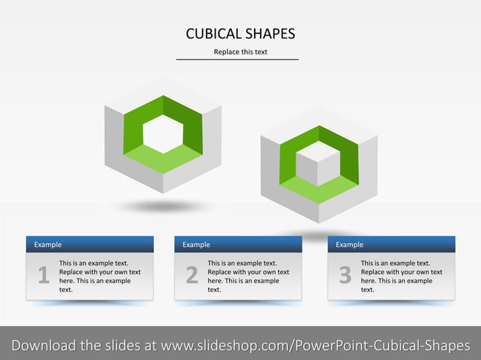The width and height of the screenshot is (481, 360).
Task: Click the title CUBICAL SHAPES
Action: pyautogui.click(x=240, y=34)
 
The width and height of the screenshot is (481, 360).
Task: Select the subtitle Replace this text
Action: pyautogui.click(x=240, y=52)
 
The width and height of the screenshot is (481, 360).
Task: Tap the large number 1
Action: pyautogui.click(x=43, y=276)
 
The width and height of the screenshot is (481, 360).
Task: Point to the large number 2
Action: pyautogui.click(x=191, y=276)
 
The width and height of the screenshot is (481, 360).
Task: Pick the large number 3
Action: pyautogui.click(x=345, y=276)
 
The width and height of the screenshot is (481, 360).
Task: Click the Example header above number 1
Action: pyautogui.click(x=48, y=245)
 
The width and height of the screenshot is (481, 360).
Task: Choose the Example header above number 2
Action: pyautogui.click(x=197, y=245)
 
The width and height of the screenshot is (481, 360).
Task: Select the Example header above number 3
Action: pyautogui.click(x=350, y=245)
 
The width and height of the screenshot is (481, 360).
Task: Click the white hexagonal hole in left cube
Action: pyautogui.click(x=163, y=134)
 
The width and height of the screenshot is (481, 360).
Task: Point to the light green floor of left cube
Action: pyautogui.click(x=162, y=159)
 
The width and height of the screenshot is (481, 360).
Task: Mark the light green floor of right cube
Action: pyautogui.click(x=317, y=192)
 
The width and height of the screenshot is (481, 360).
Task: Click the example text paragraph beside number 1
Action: pyautogui.click(x=100, y=276)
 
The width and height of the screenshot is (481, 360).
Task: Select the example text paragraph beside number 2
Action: pyautogui.click(x=248, y=276)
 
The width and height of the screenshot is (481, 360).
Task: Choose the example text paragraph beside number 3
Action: pyautogui.click(x=401, y=276)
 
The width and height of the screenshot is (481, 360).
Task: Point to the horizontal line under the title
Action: pyautogui.click(x=237, y=59)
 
